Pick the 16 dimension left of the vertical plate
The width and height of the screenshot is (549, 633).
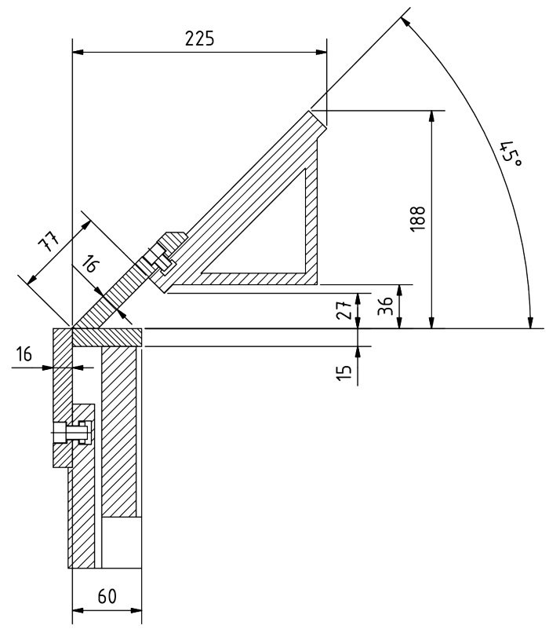(x=26, y=355)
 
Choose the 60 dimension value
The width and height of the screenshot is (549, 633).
(x=107, y=596)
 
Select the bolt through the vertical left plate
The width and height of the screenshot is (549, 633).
(x=71, y=430)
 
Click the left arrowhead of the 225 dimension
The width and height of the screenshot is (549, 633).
(x=77, y=53)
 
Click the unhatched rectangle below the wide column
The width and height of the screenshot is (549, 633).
(x=122, y=542)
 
